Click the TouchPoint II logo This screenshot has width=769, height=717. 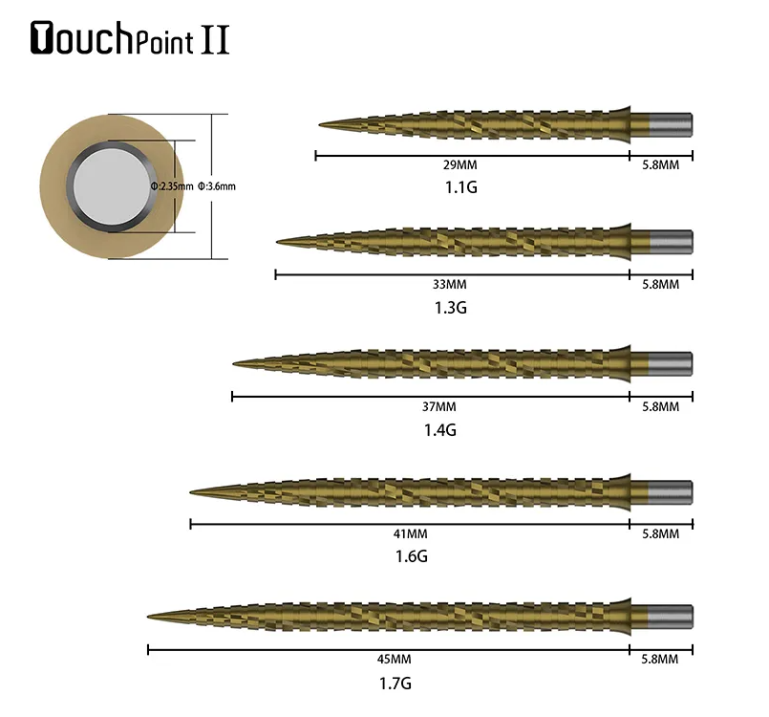[130, 38]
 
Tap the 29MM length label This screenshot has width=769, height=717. [460, 164]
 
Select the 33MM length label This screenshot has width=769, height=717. [450, 285]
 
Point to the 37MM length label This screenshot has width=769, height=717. [438, 407]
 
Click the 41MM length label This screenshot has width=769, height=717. [410, 534]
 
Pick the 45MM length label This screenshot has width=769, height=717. [395, 659]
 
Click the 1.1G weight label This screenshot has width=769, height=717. [461, 187]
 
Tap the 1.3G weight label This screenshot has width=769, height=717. [450, 308]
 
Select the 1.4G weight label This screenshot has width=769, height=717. [440, 430]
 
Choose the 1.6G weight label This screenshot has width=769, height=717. [412, 556]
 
